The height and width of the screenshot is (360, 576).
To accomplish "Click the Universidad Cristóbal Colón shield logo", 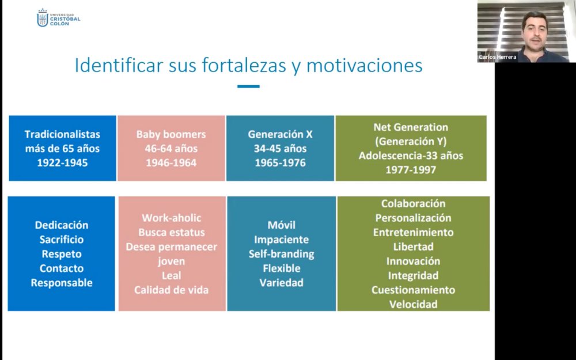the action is [43, 18].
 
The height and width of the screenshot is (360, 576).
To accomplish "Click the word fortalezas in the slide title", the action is [244, 66].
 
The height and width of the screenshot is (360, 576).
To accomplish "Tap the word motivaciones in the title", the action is [365, 66].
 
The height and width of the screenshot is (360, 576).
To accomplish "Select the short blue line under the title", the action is [248, 87].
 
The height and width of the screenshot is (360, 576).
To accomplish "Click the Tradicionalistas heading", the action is [62, 134].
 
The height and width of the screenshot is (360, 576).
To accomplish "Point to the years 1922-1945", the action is [62, 163].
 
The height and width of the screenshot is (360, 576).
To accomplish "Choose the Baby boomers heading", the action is [171, 134].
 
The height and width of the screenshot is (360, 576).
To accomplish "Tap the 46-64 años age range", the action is [171, 149].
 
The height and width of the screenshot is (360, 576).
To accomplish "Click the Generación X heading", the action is [281, 134].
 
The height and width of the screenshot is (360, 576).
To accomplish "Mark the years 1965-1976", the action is [281, 163].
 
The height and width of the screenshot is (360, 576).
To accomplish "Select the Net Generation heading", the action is [411, 127].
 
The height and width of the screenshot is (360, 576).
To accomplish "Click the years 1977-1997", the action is [411, 170].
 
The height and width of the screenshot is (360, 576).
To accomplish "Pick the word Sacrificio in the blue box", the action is [62, 240].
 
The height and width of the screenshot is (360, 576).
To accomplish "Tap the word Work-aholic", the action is [172, 218].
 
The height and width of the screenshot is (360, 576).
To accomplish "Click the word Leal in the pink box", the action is [172, 275].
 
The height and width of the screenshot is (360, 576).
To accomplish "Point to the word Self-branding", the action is [282, 254].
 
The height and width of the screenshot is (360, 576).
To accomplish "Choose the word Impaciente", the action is [282, 240].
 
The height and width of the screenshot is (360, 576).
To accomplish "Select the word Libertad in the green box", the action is [413, 247].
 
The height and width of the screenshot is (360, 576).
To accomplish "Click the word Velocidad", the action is [413, 304].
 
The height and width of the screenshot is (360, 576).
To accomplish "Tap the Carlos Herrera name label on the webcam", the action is [498, 57].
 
